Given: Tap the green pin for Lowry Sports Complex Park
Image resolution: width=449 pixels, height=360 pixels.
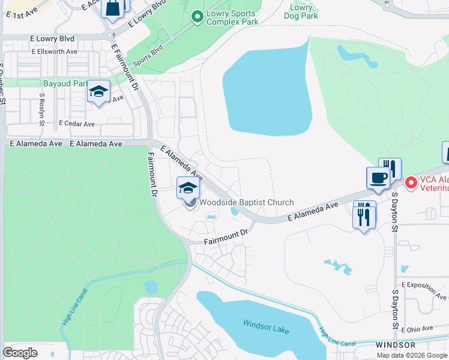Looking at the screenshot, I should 196,17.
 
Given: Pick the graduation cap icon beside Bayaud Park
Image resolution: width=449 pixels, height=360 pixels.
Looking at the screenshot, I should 98,92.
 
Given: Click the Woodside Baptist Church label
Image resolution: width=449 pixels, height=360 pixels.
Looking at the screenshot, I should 246,203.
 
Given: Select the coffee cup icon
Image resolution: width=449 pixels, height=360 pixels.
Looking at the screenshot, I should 378,178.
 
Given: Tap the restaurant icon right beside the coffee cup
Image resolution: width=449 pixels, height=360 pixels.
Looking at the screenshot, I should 390,168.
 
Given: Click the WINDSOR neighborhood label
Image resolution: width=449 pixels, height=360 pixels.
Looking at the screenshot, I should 396,345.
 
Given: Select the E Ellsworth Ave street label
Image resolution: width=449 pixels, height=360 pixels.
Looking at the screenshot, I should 55,52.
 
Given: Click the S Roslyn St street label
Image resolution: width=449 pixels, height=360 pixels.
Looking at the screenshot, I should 42,109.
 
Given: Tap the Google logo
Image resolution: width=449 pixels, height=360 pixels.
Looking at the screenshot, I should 20,352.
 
